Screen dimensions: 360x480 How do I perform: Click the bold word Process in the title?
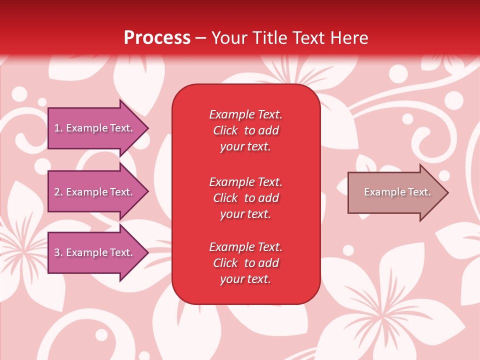pyautogui.click(x=157, y=38)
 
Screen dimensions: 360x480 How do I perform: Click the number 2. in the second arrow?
pyautogui.click(x=58, y=192)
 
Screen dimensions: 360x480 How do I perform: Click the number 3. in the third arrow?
pyautogui.click(x=58, y=252)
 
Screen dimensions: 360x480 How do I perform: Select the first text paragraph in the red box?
pyautogui.click(x=245, y=130)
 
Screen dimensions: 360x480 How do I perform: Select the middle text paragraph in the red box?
pyautogui.click(x=245, y=198)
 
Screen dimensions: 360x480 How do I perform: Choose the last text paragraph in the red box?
pyautogui.click(x=245, y=263)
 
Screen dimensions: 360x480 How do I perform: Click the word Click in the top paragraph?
pyautogui.click(x=225, y=130)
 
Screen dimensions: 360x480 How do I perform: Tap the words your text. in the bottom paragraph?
pyautogui.click(x=245, y=279)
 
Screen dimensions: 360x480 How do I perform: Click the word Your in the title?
pyautogui.click(x=228, y=38)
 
